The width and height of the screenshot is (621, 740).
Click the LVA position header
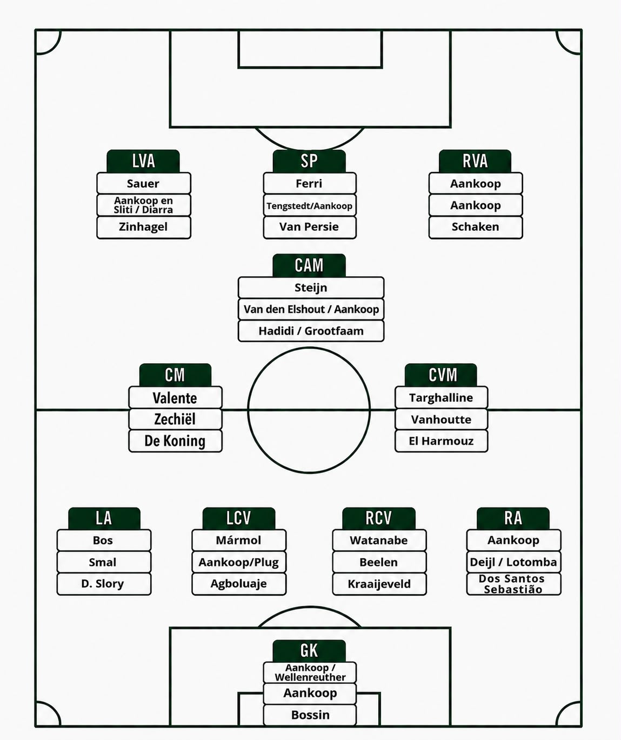pyautogui.click(x=143, y=161)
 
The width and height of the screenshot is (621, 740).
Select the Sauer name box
pyautogui.click(x=144, y=183)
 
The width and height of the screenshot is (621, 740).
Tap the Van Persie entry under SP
pyautogui.click(x=310, y=227)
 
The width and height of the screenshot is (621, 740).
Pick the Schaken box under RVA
pyautogui.click(x=475, y=227)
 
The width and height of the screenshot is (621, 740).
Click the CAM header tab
pyautogui.click(x=309, y=265)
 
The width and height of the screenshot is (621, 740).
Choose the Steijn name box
pyautogui.click(x=311, y=288)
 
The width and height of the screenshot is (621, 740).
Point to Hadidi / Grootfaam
pyautogui.click(x=311, y=331)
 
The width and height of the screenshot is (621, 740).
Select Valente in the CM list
pyautogui.click(x=175, y=398)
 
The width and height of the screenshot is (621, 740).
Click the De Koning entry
pyautogui.click(x=175, y=441)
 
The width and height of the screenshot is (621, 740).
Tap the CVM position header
pyautogui.click(x=441, y=375)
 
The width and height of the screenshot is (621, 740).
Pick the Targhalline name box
pyautogui.click(x=441, y=398)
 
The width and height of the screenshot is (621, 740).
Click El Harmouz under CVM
pyautogui.click(x=441, y=441)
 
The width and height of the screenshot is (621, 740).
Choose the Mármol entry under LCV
pyautogui.click(x=239, y=540)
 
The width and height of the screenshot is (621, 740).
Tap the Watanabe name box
pyautogui.click(x=379, y=540)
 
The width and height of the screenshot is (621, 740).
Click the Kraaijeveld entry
pyautogui.click(x=379, y=584)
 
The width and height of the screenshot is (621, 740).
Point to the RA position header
pyautogui.click(x=513, y=518)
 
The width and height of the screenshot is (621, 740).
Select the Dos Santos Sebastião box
pyautogui.click(x=513, y=584)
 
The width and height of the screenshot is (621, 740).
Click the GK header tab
pyautogui.click(x=309, y=651)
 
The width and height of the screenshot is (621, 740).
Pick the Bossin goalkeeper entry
pyautogui.click(x=310, y=715)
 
